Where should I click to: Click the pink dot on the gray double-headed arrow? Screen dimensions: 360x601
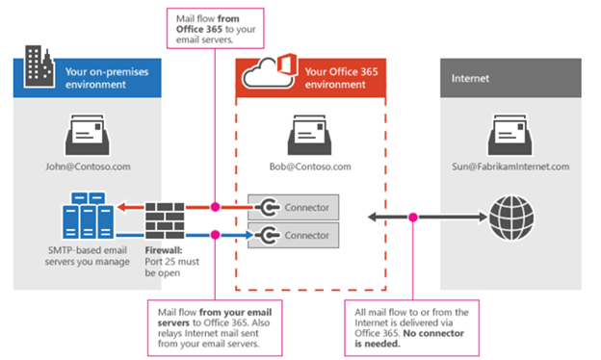[x=412, y=216]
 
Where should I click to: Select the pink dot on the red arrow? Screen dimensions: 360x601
[x=216, y=207]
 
